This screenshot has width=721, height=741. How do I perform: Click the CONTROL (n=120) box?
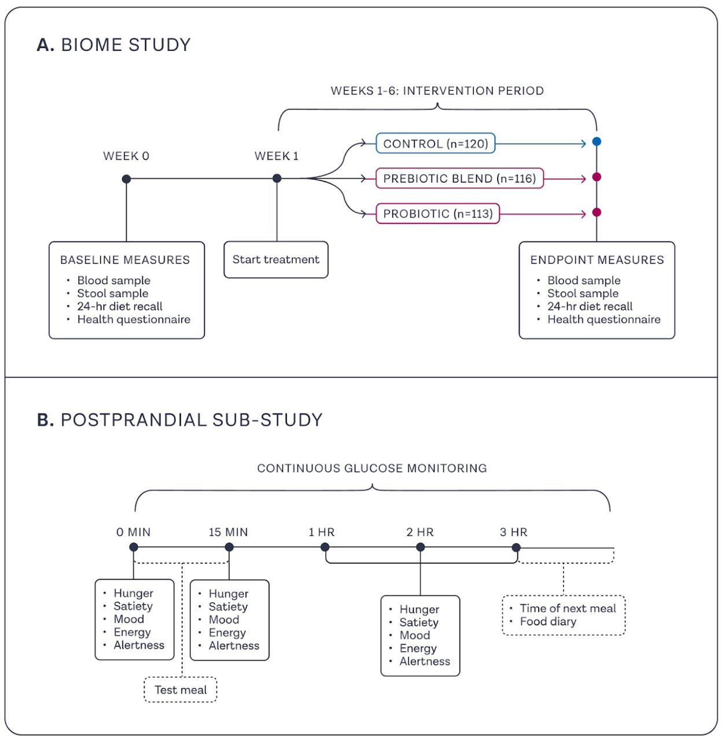435,143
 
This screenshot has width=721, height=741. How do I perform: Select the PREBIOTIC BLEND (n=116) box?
459,178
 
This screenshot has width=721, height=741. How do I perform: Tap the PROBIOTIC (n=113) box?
437,213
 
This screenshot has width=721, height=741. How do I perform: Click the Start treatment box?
276,259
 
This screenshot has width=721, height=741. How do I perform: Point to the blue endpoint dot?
597,142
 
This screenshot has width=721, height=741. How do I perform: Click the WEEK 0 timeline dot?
126,178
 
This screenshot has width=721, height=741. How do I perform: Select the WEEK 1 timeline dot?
277,178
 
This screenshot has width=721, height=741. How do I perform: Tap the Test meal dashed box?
181,689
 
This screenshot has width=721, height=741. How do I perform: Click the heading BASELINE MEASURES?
125,260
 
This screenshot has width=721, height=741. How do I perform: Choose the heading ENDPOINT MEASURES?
597,260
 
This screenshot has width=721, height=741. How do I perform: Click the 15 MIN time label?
228,532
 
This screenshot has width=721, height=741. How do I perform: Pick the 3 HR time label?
513,532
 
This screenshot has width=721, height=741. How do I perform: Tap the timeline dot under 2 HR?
420,547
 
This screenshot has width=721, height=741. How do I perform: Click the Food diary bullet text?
548,621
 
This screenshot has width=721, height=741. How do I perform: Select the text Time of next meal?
568,608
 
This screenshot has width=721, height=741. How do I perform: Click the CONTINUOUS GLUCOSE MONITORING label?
372,468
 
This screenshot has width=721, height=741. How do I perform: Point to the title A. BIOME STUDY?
113,45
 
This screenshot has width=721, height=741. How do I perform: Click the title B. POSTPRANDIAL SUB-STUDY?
179,420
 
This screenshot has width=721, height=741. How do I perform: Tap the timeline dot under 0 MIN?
134,547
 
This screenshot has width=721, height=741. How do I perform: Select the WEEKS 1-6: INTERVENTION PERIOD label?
437,91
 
